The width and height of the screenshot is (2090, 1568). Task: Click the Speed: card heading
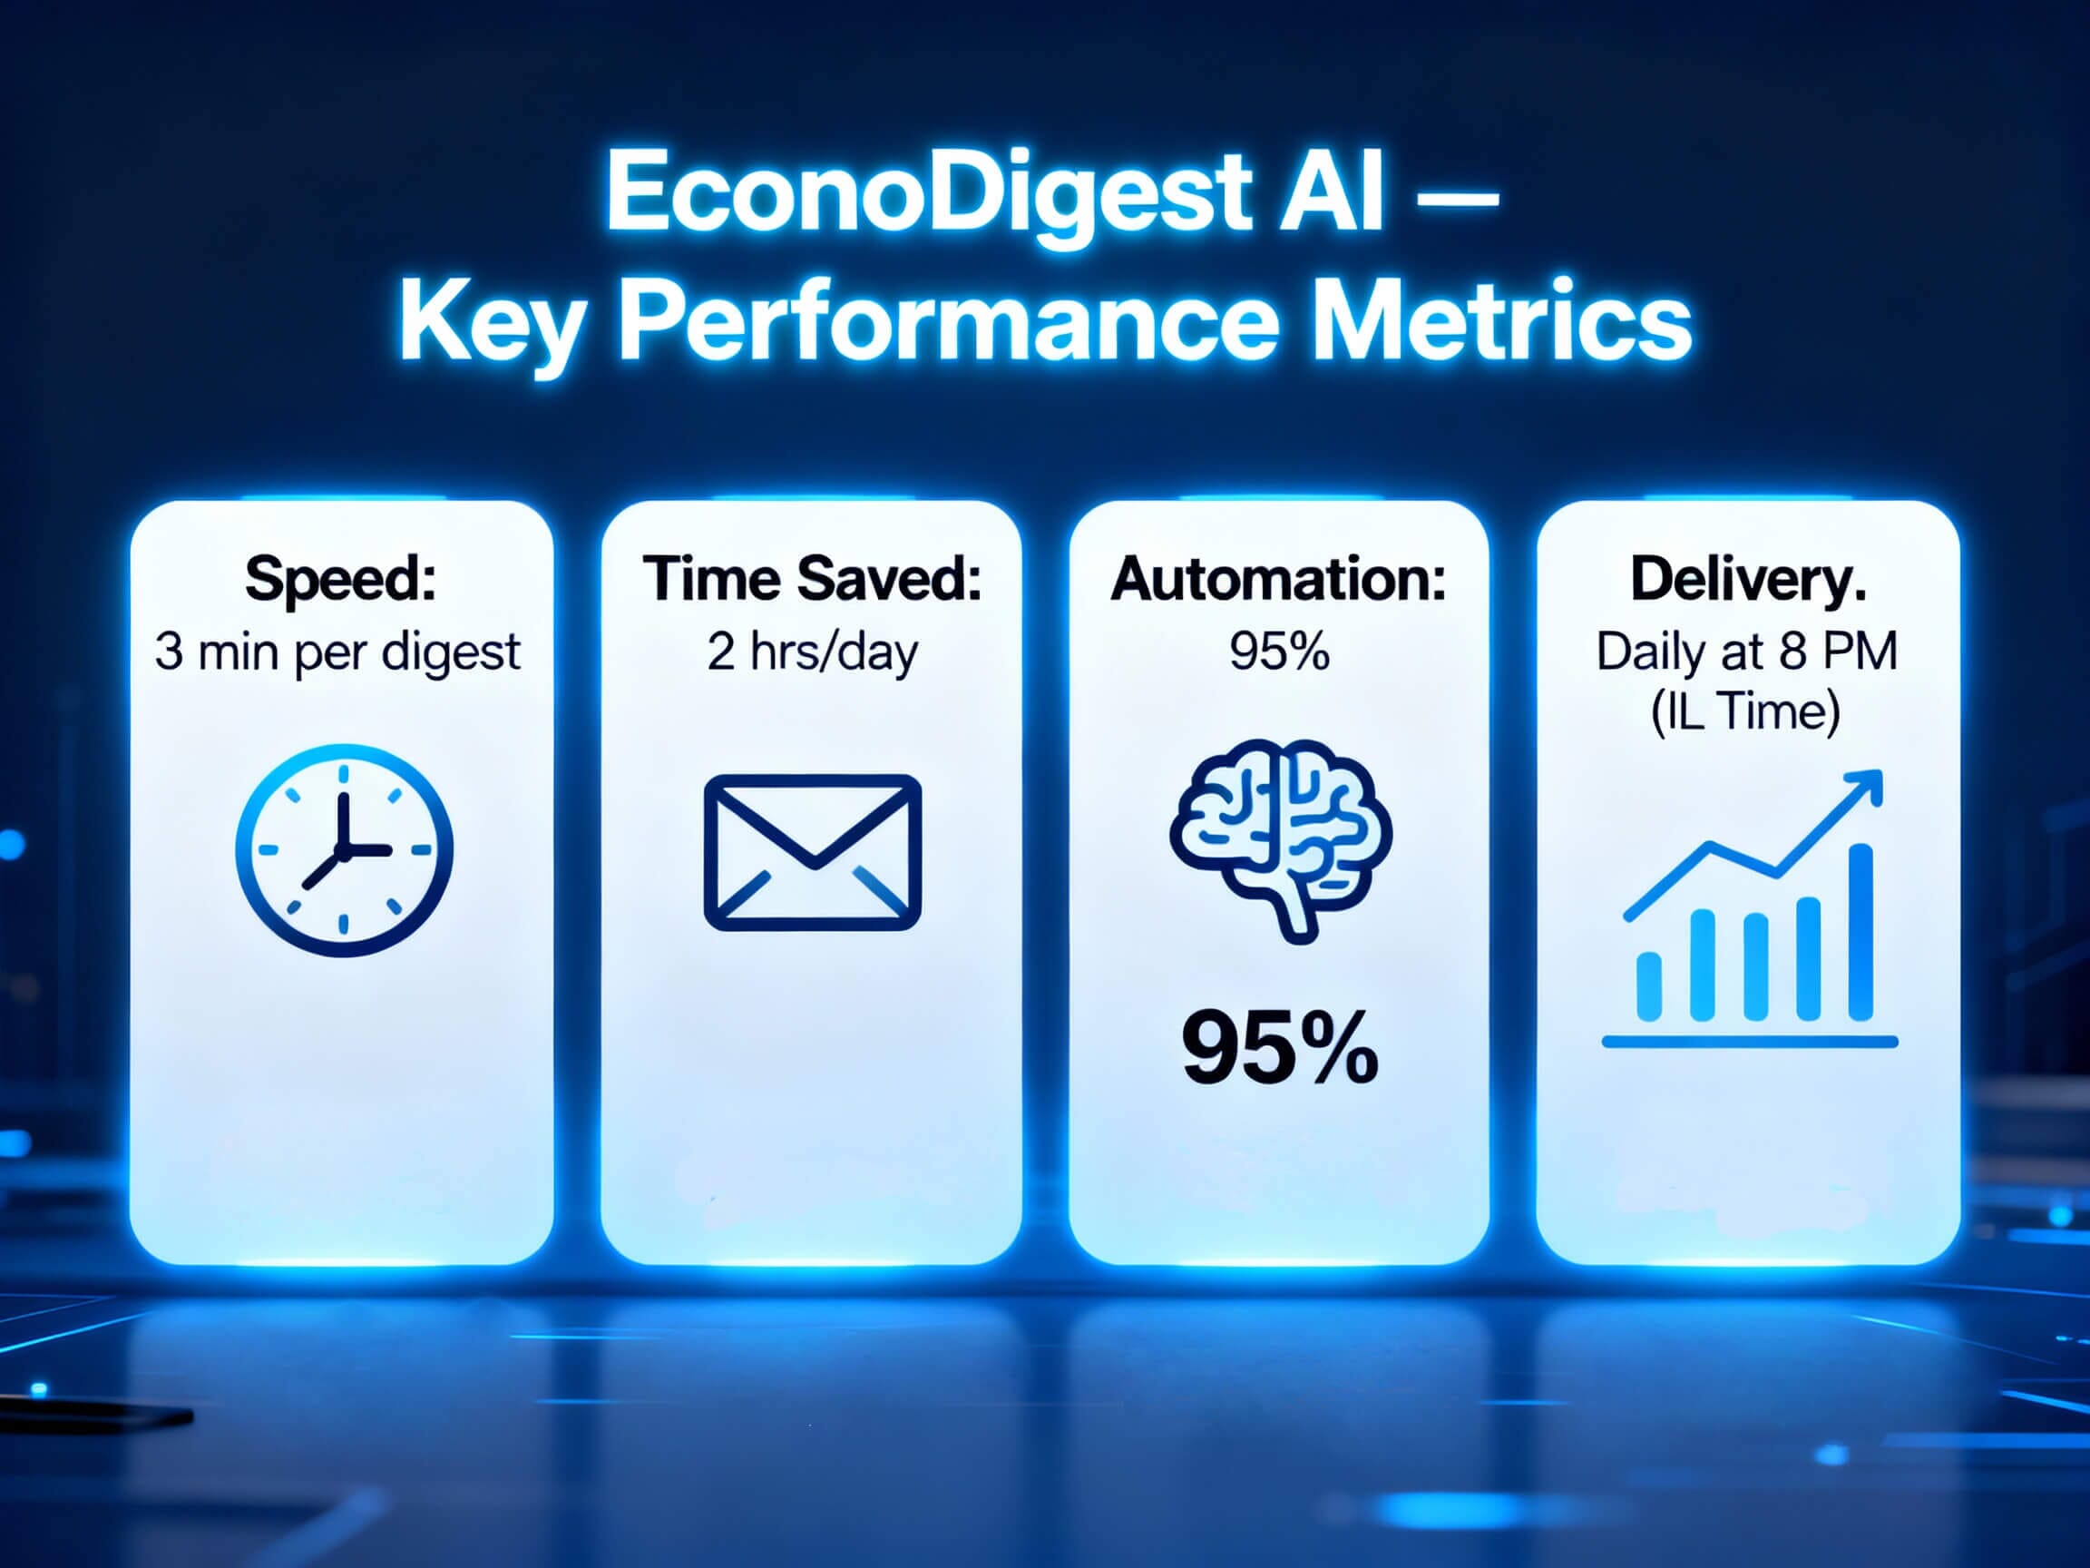click(340, 577)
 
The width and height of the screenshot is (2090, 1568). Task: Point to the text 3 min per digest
click(337, 652)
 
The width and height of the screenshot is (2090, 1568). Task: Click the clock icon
click(344, 849)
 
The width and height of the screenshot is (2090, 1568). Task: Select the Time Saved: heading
click(812, 577)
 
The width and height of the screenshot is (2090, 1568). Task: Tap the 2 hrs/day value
click(812, 652)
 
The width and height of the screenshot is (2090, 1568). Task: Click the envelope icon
click(812, 851)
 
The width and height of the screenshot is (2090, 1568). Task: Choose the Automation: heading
click(1278, 577)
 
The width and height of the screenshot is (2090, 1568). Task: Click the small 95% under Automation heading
click(1278, 652)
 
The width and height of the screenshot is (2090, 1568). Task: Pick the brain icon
click(1279, 838)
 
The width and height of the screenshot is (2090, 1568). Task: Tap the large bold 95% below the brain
click(1279, 1048)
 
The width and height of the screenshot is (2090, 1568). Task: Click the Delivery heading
click(1748, 577)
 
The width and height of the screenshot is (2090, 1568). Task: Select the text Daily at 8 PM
click(1747, 652)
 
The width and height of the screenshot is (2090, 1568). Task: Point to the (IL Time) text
click(1746, 710)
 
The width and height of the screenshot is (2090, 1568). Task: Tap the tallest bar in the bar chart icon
click(1860, 932)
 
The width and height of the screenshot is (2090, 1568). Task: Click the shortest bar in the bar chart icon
click(1649, 985)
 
